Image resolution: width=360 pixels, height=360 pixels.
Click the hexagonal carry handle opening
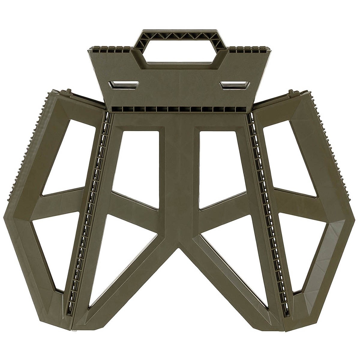(x=180, y=52)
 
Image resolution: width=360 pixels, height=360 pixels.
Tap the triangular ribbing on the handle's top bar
(x=180, y=36)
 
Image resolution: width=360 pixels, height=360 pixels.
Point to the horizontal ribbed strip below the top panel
(x=180, y=109)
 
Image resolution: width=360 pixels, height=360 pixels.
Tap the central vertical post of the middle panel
(x=179, y=180)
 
